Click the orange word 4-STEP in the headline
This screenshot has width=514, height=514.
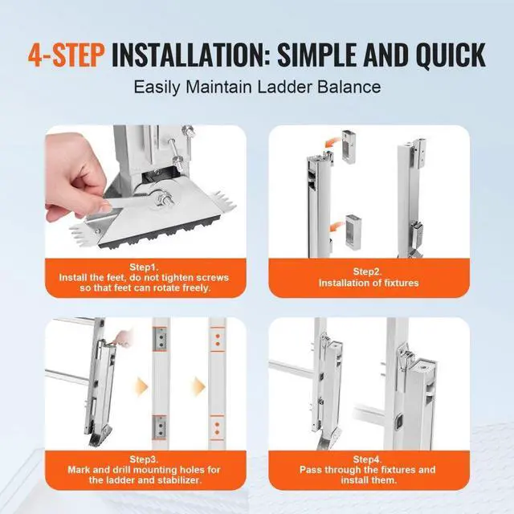coord(66,55)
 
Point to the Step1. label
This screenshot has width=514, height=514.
coord(145,267)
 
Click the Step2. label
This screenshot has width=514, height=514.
coord(368,271)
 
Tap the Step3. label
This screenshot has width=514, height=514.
coord(145,459)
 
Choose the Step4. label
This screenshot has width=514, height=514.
coord(368,459)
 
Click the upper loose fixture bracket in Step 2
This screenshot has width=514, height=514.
coord(349,146)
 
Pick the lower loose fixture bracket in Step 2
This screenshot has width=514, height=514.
coord(353,230)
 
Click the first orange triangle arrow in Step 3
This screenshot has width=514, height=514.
coord(142,386)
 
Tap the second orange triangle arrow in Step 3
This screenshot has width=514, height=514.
coord(198,386)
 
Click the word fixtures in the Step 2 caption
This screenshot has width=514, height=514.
coord(402,283)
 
